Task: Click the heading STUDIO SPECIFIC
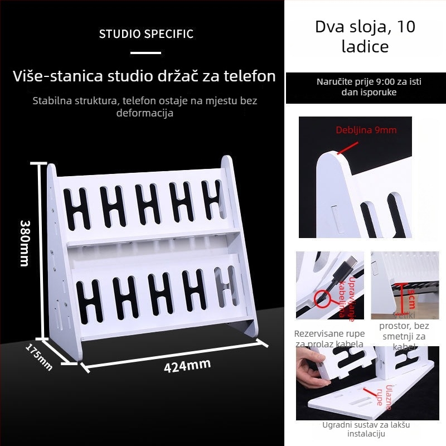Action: [146, 34]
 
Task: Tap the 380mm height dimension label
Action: [25, 242]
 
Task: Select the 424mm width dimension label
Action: [187, 366]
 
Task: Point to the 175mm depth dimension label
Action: [39, 357]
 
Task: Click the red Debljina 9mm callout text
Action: [366, 130]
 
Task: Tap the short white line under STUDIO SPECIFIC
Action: [146, 53]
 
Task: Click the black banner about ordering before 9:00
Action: [365, 87]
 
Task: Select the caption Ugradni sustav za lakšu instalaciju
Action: [366, 429]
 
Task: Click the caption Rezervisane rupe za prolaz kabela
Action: [329, 338]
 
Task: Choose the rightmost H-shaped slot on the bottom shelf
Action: [225, 290]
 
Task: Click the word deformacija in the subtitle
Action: [145, 113]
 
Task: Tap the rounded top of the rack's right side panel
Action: [227, 163]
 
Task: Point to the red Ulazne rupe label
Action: [385, 396]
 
